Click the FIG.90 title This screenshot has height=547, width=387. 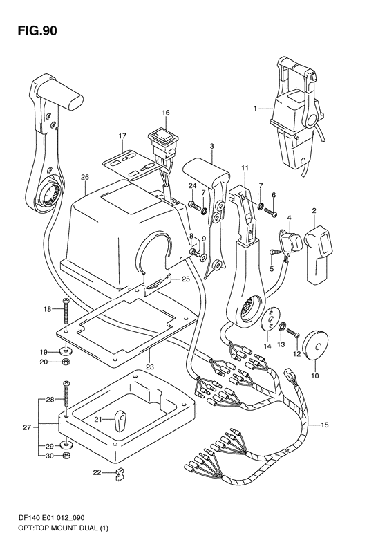click(37, 31)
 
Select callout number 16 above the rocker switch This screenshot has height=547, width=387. click(166, 112)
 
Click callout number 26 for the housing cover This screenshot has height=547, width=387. click(85, 177)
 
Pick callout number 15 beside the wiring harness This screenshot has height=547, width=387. click(325, 425)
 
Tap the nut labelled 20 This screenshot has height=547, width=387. click(65, 362)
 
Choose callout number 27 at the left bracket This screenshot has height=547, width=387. click(27, 427)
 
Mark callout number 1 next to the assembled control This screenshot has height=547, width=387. click(255, 109)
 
